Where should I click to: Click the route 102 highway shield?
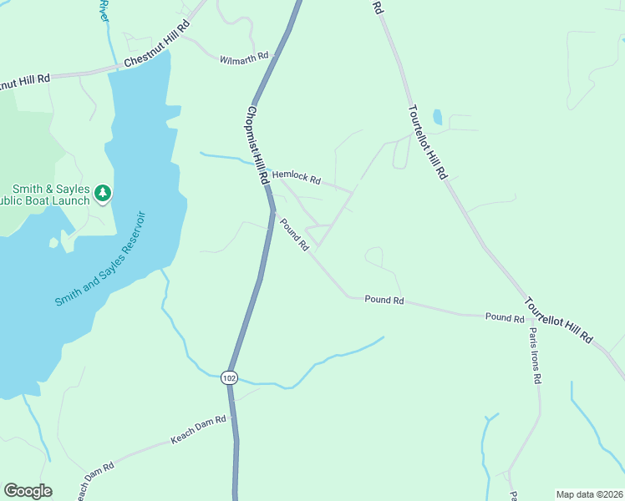pyautogui.click(x=230, y=377)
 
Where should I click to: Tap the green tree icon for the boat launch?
pyautogui.click(x=103, y=194)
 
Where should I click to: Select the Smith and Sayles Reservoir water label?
pyautogui.click(x=101, y=259)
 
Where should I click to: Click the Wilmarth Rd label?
pyautogui.click(x=244, y=59)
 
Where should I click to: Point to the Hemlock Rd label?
pyautogui.click(x=297, y=178)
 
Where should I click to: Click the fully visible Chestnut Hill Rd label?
pyautogui.click(x=157, y=55)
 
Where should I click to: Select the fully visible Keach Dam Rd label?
pyautogui.click(x=199, y=430)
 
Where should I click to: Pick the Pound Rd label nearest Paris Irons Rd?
pyautogui.click(x=505, y=318)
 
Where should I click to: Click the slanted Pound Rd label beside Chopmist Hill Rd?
pyautogui.click(x=294, y=235)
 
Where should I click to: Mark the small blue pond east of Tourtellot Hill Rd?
pyautogui.click(x=438, y=117)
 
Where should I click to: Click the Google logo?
pyautogui.click(x=28, y=491)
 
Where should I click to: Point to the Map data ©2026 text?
pyautogui.click(x=590, y=494)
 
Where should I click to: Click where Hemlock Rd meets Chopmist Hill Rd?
pyautogui.click(x=265, y=172)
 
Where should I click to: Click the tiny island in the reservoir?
pyautogui.click(x=53, y=243)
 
